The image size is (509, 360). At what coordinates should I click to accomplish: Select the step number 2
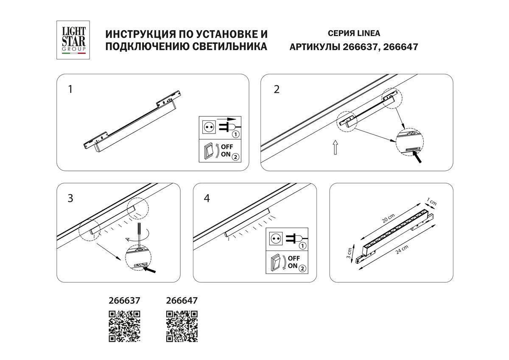pyautogui.click(x=277, y=89)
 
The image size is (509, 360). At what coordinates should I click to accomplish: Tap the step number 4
pyautogui.click(x=207, y=198)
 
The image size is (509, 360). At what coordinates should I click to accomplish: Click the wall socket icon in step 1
pyautogui.click(x=208, y=126)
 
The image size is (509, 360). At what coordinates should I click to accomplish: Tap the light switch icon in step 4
pyautogui.click(x=276, y=262)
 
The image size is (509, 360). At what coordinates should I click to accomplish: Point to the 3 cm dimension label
pyautogui.click(x=349, y=253)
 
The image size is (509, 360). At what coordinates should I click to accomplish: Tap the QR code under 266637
pyautogui.click(x=125, y=326)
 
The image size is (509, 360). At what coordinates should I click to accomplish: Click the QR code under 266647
pyautogui.click(x=182, y=326)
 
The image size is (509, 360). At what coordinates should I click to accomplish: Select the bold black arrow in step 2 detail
pyautogui.click(x=419, y=158)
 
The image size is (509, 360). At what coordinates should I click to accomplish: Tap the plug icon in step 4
pyautogui.click(x=296, y=240)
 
